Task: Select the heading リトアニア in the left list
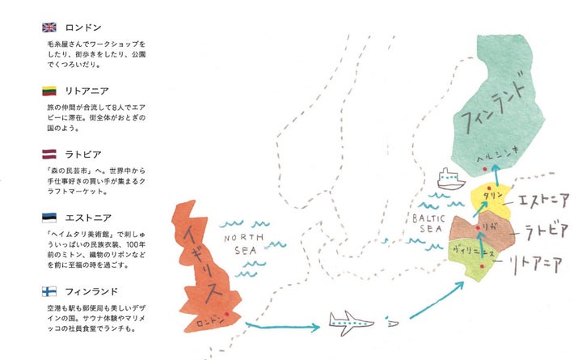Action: click(x=91, y=91)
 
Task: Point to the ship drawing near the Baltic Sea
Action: click(x=447, y=177)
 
